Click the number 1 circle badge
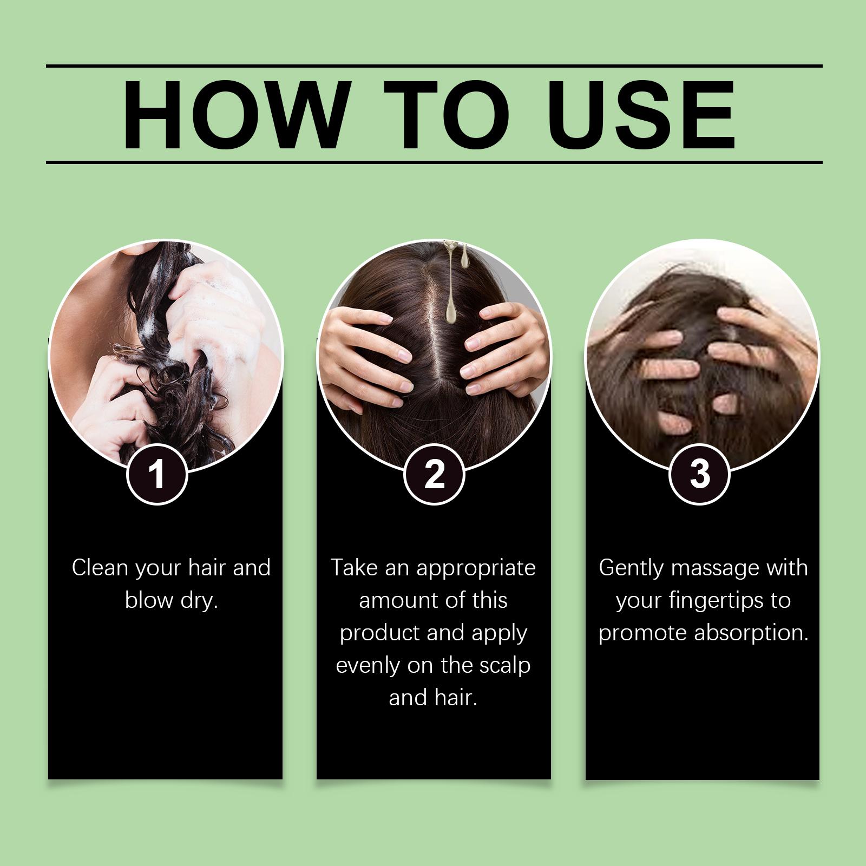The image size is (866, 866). tap(157, 474)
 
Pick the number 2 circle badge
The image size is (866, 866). tap(434, 474)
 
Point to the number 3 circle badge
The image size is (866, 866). tap(700, 474)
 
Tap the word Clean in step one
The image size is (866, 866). tap(100, 568)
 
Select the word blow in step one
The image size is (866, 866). tap(149, 600)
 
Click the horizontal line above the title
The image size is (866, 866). tap(434, 66)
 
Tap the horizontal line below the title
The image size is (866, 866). tap(434, 162)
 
